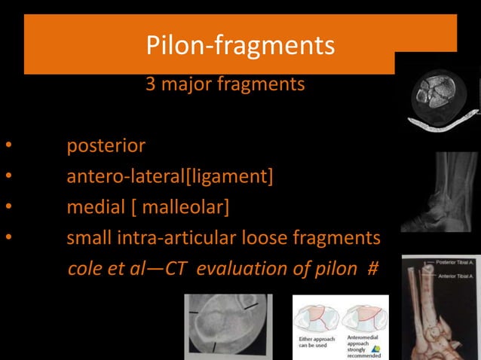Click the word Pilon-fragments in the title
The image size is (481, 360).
(240, 47)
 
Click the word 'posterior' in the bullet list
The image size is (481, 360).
(106, 145)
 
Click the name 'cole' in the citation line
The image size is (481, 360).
(83, 269)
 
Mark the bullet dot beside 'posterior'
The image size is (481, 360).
(8, 145)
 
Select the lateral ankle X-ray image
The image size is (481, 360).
(440, 192)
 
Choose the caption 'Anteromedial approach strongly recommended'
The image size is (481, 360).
(360, 346)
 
